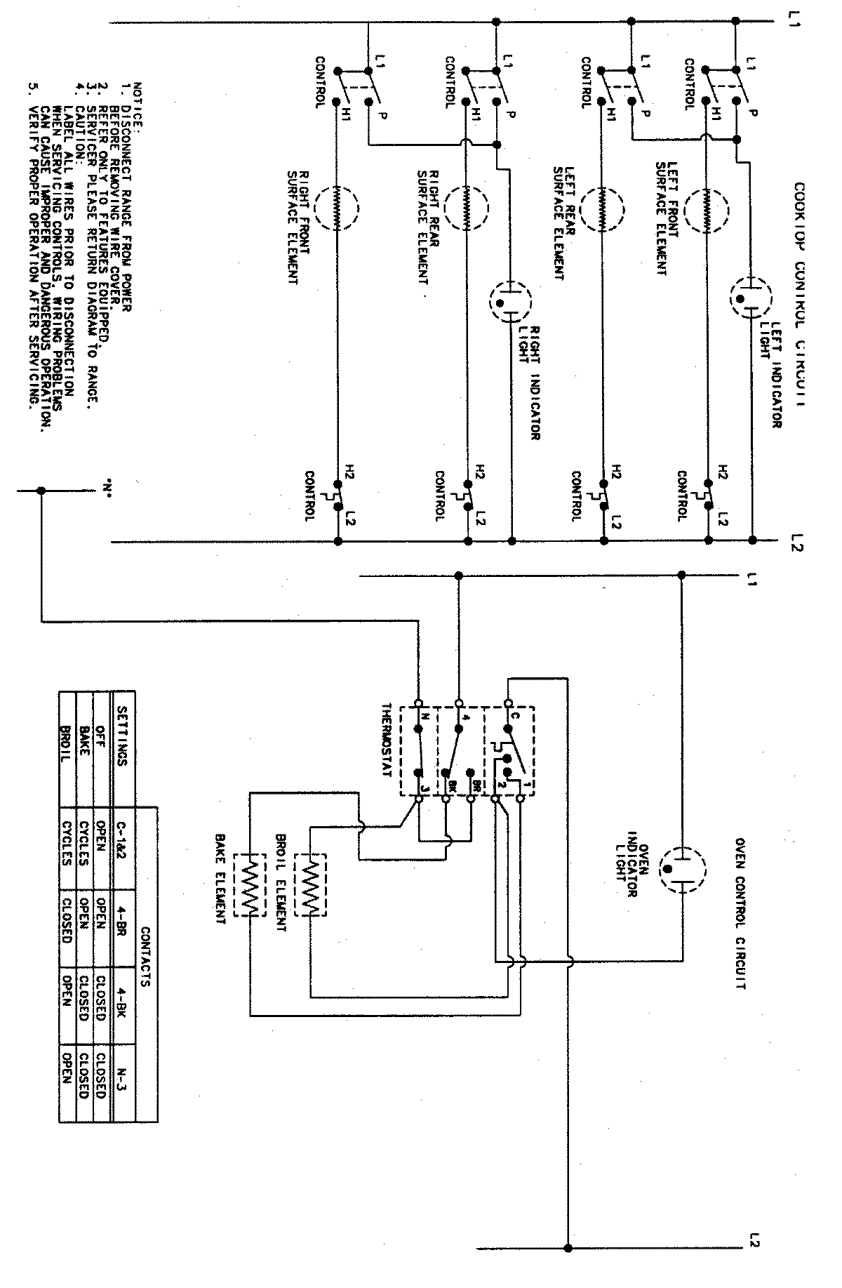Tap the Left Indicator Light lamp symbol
[x=749, y=299]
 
